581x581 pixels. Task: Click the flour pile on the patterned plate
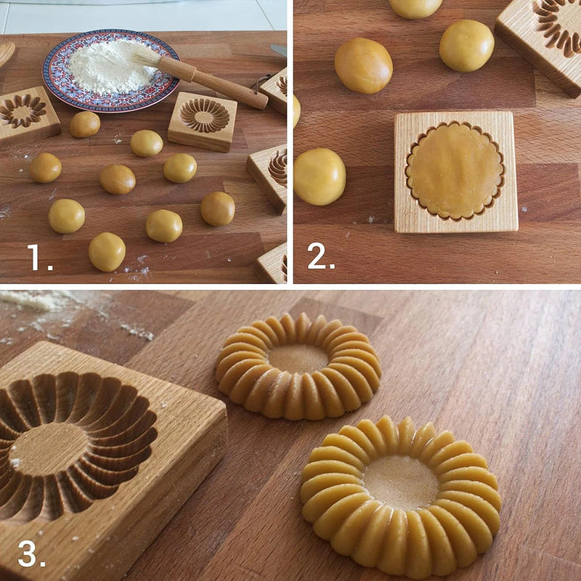(109, 67)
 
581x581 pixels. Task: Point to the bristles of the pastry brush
(147, 56)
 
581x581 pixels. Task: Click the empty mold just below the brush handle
(203, 120)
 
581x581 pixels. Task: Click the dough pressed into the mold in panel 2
(455, 170)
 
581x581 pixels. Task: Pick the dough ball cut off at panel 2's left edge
(319, 176)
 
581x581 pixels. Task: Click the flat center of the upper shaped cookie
(298, 358)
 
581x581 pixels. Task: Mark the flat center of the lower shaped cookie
(401, 482)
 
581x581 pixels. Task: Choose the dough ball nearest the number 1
(107, 251)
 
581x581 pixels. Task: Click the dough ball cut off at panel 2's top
(415, 7)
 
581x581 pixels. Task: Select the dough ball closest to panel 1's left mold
(85, 124)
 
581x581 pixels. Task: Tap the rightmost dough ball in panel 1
(218, 208)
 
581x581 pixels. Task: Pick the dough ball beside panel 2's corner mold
(466, 45)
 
